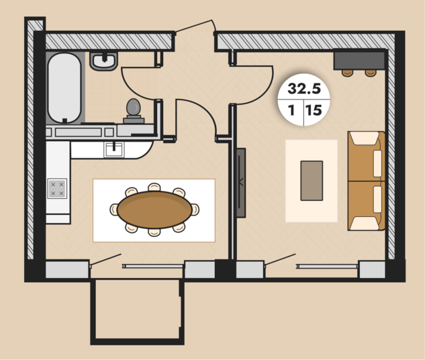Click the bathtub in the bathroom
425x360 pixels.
[x=64, y=87]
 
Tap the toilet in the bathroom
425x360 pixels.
[x=134, y=111]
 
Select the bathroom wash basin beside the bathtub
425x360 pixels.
[x=103, y=61]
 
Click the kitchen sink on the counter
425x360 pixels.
[x=114, y=149]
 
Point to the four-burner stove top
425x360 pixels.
[x=57, y=189]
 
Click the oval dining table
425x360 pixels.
[x=154, y=210]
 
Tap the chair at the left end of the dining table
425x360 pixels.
[x=114, y=210]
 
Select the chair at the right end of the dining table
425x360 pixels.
[x=195, y=210]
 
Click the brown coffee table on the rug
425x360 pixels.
[x=312, y=181]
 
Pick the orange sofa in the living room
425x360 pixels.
[x=367, y=181]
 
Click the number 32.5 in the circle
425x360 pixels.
[x=304, y=89]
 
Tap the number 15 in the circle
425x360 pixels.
[x=314, y=110]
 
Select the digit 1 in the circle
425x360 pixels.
[x=291, y=110]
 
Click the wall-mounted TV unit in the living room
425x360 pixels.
[x=241, y=183]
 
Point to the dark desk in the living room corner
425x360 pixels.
[x=359, y=60]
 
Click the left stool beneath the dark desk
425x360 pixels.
[x=347, y=73]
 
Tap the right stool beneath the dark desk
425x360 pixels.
[x=371, y=73]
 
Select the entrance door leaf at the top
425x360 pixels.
[x=193, y=26]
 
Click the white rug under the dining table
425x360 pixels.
[x=154, y=210]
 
